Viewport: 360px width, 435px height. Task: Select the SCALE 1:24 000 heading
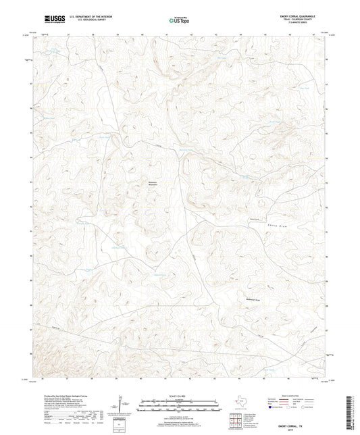click(x=179, y=396)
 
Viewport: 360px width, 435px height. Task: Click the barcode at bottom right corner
click(x=350, y=411)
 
